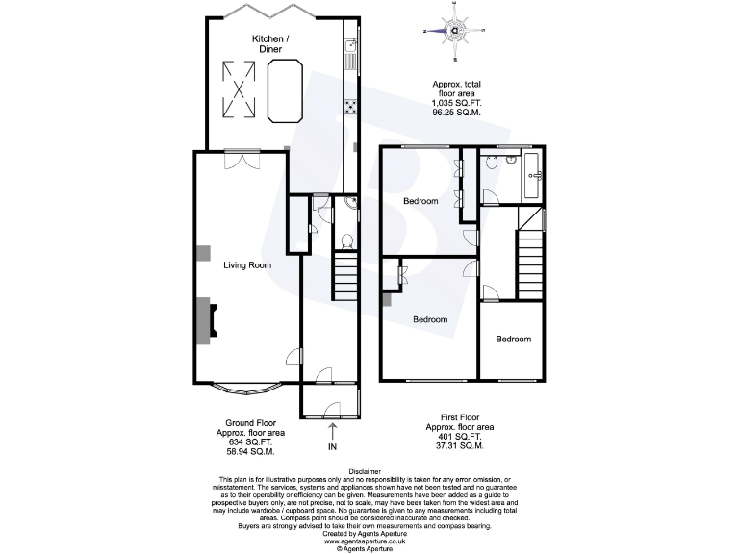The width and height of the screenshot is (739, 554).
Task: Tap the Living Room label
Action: coord(247,265)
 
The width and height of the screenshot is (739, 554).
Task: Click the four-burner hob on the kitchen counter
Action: coord(351,108)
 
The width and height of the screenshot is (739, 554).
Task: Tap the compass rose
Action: coord(453,31)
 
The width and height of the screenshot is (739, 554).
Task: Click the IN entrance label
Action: coord(333,446)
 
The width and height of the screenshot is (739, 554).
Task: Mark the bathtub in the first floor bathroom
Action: coord(534,175)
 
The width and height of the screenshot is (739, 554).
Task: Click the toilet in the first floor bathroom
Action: coord(492,164)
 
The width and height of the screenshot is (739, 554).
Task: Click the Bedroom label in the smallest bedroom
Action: coord(514,339)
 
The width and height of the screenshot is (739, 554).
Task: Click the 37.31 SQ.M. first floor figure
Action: coord(459,445)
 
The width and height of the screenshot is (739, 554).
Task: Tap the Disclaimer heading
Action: coord(369,471)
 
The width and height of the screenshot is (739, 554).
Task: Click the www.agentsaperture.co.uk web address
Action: coord(369,541)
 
